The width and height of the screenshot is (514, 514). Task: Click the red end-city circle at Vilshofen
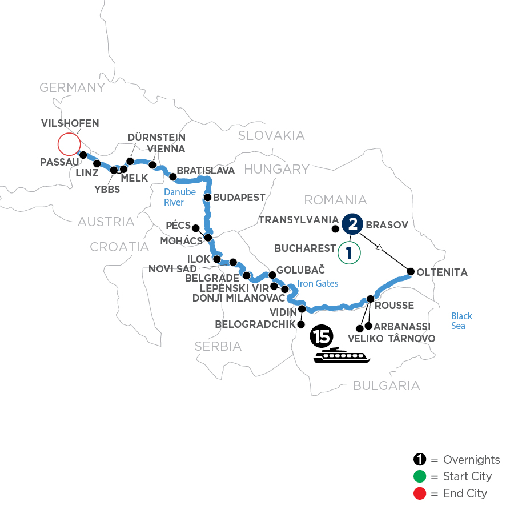click(x=69, y=144)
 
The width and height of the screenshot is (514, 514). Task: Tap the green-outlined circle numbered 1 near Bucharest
click(x=350, y=253)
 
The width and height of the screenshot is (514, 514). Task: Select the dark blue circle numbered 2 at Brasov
click(x=352, y=224)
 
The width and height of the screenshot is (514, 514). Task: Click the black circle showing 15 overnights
click(x=321, y=338)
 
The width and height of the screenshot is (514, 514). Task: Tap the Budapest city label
click(x=240, y=198)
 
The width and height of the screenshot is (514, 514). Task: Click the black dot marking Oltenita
click(x=410, y=272)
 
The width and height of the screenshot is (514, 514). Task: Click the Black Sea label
click(x=461, y=320)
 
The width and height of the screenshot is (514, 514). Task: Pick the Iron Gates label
click(x=318, y=284)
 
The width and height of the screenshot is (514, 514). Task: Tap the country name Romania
click(x=335, y=200)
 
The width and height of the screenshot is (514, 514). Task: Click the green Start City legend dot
click(x=419, y=476)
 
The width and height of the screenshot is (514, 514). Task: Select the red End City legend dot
click(x=419, y=493)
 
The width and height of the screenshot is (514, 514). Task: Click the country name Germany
click(x=72, y=87)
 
